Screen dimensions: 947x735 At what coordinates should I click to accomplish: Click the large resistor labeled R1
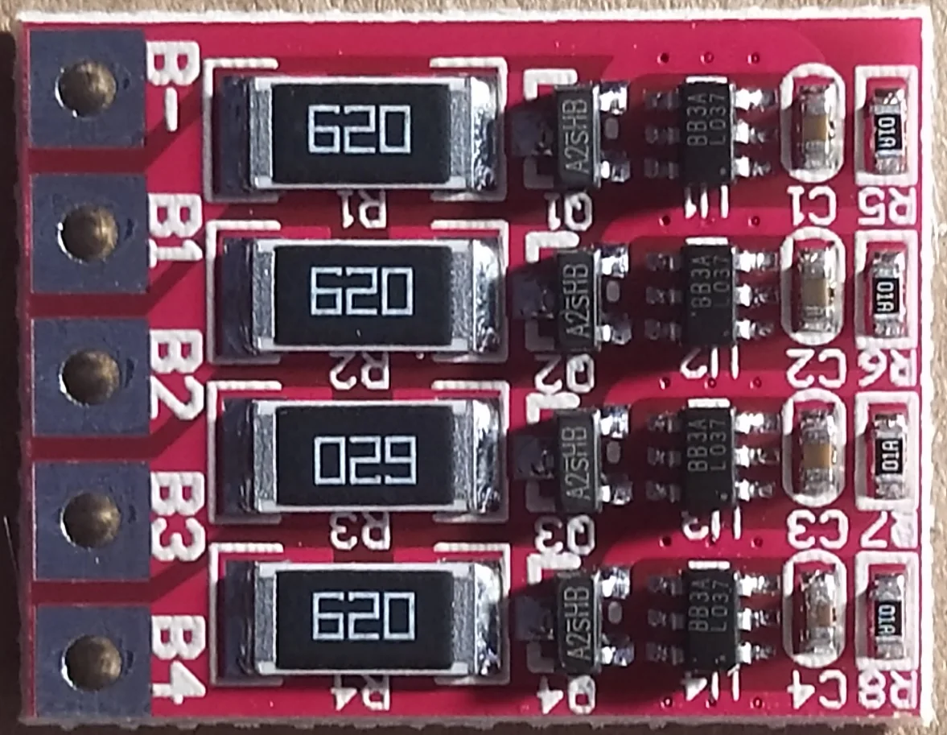pyautogui.click(x=358, y=132)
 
